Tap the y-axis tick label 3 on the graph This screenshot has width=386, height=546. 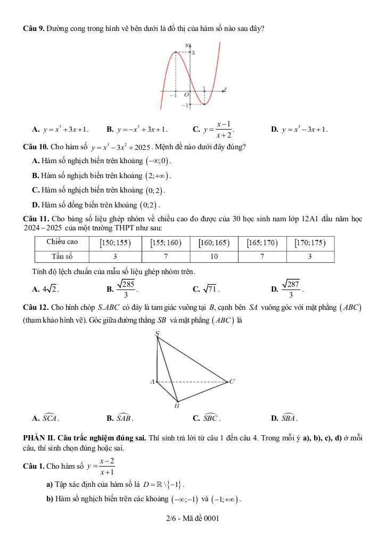tap(193, 53)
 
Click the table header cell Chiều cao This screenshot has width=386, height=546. tap(62, 243)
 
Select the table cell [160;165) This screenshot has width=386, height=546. tap(213, 243)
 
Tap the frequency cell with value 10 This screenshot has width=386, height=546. tap(213, 256)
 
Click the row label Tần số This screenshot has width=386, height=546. tap(62, 256)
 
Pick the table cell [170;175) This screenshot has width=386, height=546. tap(310, 243)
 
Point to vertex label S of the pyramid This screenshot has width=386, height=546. tap(157, 334)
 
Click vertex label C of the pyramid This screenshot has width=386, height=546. tap(232, 382)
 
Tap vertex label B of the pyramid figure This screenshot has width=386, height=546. tap(177, 406)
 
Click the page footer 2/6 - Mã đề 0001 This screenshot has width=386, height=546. tap(193, 518)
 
